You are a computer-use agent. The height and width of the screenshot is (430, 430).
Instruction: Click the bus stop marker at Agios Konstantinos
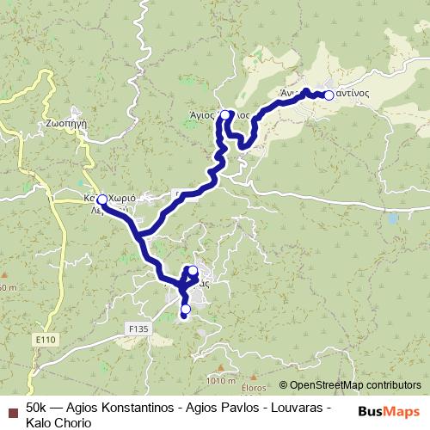click(x=328, y=95)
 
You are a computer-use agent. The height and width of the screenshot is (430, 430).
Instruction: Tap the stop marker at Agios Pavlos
click(x=224, y=114)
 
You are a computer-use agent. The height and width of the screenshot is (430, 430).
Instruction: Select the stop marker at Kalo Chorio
click(x=101, y=200)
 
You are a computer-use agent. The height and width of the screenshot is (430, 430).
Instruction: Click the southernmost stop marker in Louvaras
click(x=185, y=309)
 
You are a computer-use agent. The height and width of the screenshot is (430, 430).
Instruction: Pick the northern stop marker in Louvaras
click(x=193, y=272)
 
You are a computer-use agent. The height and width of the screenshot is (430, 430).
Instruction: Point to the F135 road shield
click(x=138, y=327)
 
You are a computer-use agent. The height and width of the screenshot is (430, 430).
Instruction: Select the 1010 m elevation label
click(x=221, y=380)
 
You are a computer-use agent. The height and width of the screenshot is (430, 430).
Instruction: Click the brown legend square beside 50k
click(x=12, y=406)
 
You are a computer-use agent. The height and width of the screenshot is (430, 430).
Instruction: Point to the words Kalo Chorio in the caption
click(x=57, y=421)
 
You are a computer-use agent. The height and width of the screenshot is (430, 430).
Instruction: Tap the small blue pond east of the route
click(x=393, y=218)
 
